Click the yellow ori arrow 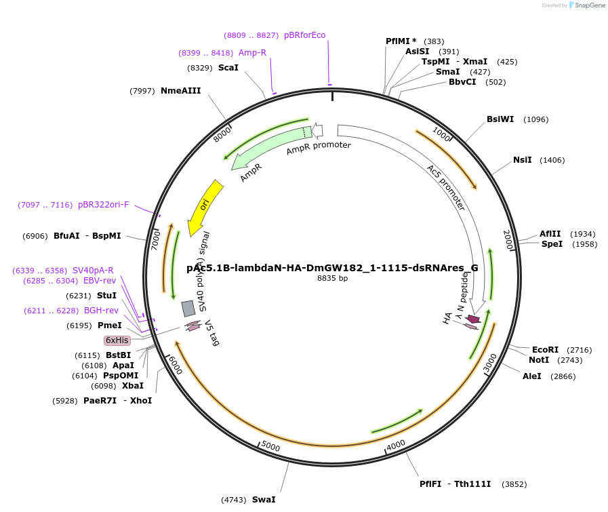click(x=204, y=205)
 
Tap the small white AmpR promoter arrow click(x=317, y=130)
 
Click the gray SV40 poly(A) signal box click(x=188, y=309)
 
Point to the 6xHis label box click(x=117, y=340)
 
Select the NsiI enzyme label click(x=522, y=160)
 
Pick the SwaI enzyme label click(x=264, y=500)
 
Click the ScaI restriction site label click(x=228, y=68)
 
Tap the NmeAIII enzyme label click(x=180, y=91)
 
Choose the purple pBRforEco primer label click(x=304, y=35)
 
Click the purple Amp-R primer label click(x=252, y=53)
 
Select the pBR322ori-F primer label click(x=103, y=205)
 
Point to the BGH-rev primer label click(x=101, y=311)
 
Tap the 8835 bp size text click(x=332, y=278)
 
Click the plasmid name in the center click(x=332, y=268)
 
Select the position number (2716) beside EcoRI click(x=579, y=350)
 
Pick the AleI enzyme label click(x=531, y=376)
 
